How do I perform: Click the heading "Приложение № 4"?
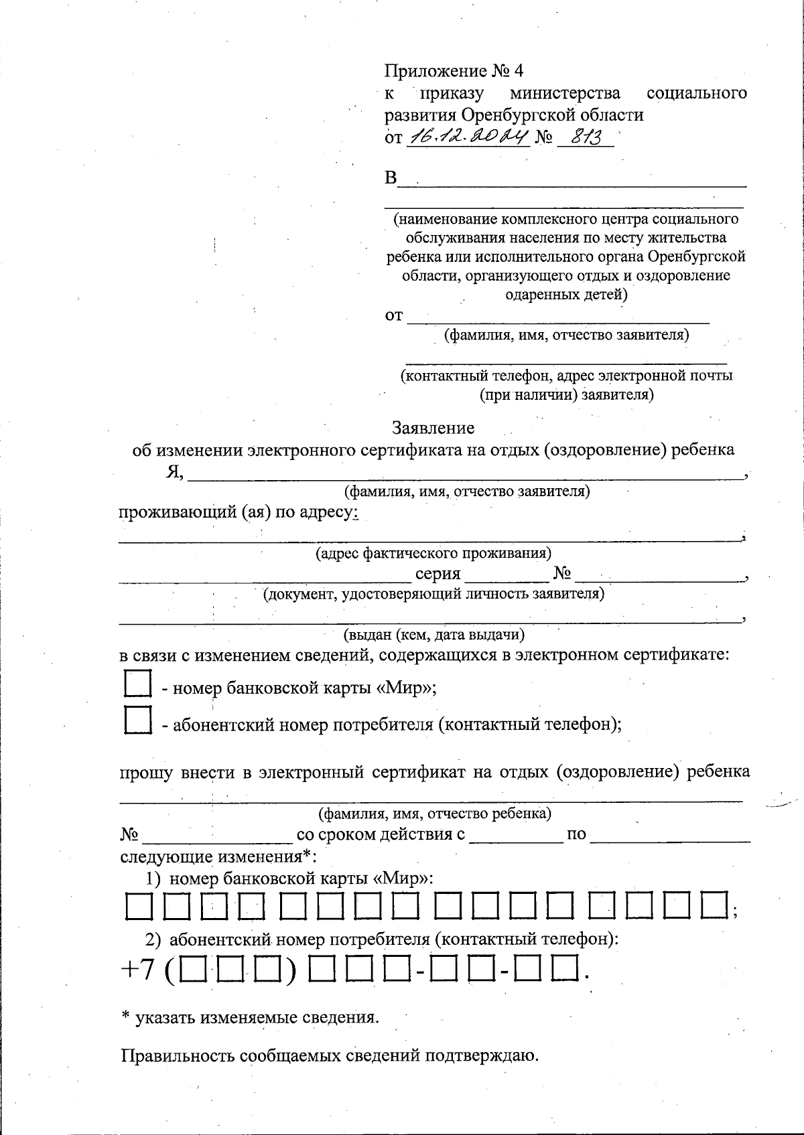(x=454, y=71)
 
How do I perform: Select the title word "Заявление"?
(x=433, y=428)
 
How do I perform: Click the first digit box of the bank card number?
(x=138, y=907)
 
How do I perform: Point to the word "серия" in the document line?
(x=438, y=574)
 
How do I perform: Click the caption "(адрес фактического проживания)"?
(x=433, y=554)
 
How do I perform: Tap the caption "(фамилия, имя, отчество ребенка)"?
(x=435, y=814)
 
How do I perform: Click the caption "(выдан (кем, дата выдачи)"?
(x=433, y=633)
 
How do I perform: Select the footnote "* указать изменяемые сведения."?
(x=250, y=1018)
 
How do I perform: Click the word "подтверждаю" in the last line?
(x=482, y=1056)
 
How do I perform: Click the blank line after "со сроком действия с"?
(x=516, y=835)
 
